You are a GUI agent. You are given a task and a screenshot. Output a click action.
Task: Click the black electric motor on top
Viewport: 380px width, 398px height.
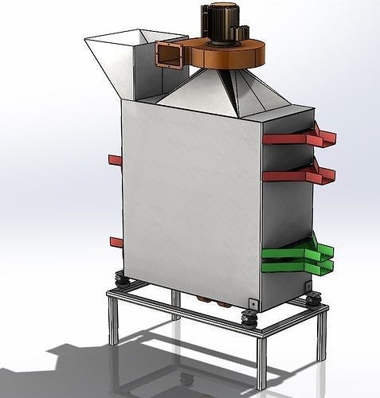tap(221, 18)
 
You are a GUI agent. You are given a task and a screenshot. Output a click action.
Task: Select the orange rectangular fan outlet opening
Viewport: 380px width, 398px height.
tap(170, 56)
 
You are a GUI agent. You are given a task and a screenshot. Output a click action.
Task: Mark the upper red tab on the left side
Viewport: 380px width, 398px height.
tap(115, 160)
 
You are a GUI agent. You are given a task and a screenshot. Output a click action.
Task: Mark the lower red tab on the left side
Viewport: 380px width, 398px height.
tap(116, 242)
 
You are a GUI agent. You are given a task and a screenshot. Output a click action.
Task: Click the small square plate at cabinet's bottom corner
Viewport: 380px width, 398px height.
tap(253, 302)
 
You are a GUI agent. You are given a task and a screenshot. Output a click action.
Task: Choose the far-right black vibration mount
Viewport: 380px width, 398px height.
tap(314, 299)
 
